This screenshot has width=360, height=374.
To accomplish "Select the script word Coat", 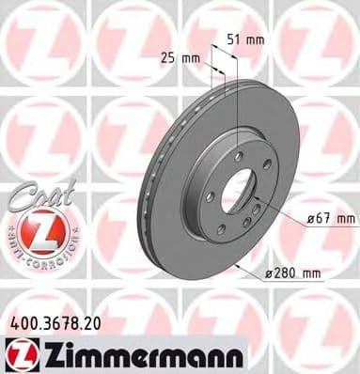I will tap(35, 195).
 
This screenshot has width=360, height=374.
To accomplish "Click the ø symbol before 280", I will tap(268, 273).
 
